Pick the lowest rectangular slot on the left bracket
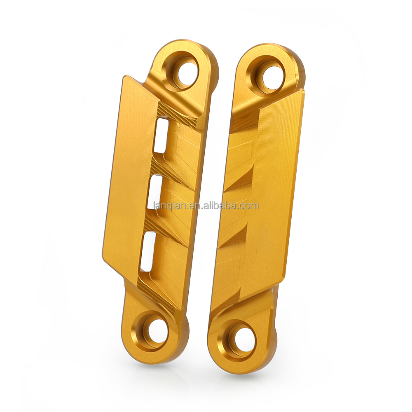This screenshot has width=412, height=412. pyautogui.click(x=150, y=250)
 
